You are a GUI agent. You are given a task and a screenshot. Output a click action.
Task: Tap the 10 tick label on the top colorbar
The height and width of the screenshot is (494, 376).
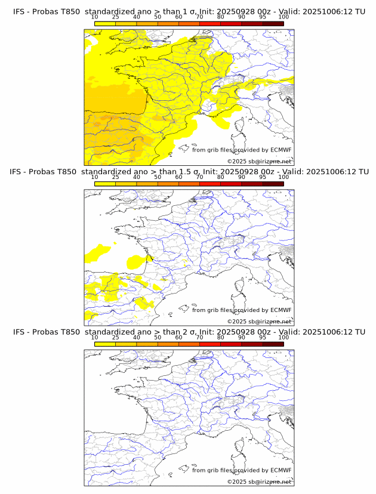tap(95, 17)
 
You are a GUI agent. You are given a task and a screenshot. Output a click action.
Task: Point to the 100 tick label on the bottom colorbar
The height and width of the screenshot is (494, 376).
tap(283, 338)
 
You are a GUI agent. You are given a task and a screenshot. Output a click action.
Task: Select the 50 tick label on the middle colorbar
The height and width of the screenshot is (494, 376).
tap(158, 177)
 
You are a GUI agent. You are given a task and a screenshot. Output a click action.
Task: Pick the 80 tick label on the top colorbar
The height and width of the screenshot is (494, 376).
tap(221, 17)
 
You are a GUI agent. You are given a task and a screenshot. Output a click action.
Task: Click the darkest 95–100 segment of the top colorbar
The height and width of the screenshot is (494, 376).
tap(273, 23)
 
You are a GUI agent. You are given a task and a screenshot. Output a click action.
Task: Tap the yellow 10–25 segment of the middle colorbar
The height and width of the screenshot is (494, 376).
tap(105, 183)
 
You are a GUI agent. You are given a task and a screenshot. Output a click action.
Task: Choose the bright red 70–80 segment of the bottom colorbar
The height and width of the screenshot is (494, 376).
tap(210, 344)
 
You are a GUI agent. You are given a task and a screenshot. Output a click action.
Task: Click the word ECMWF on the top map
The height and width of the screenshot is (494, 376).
tap(281, 150)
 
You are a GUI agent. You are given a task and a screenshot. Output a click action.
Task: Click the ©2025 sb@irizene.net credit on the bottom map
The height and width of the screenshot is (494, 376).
tap(259, 481)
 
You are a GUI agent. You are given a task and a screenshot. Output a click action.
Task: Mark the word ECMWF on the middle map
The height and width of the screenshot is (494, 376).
tap(281, 310)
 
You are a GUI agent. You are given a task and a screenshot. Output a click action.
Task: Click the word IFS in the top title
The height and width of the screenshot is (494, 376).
tap(20, 11)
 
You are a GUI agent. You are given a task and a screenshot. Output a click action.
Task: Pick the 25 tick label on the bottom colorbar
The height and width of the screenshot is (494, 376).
tap(116, 338)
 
